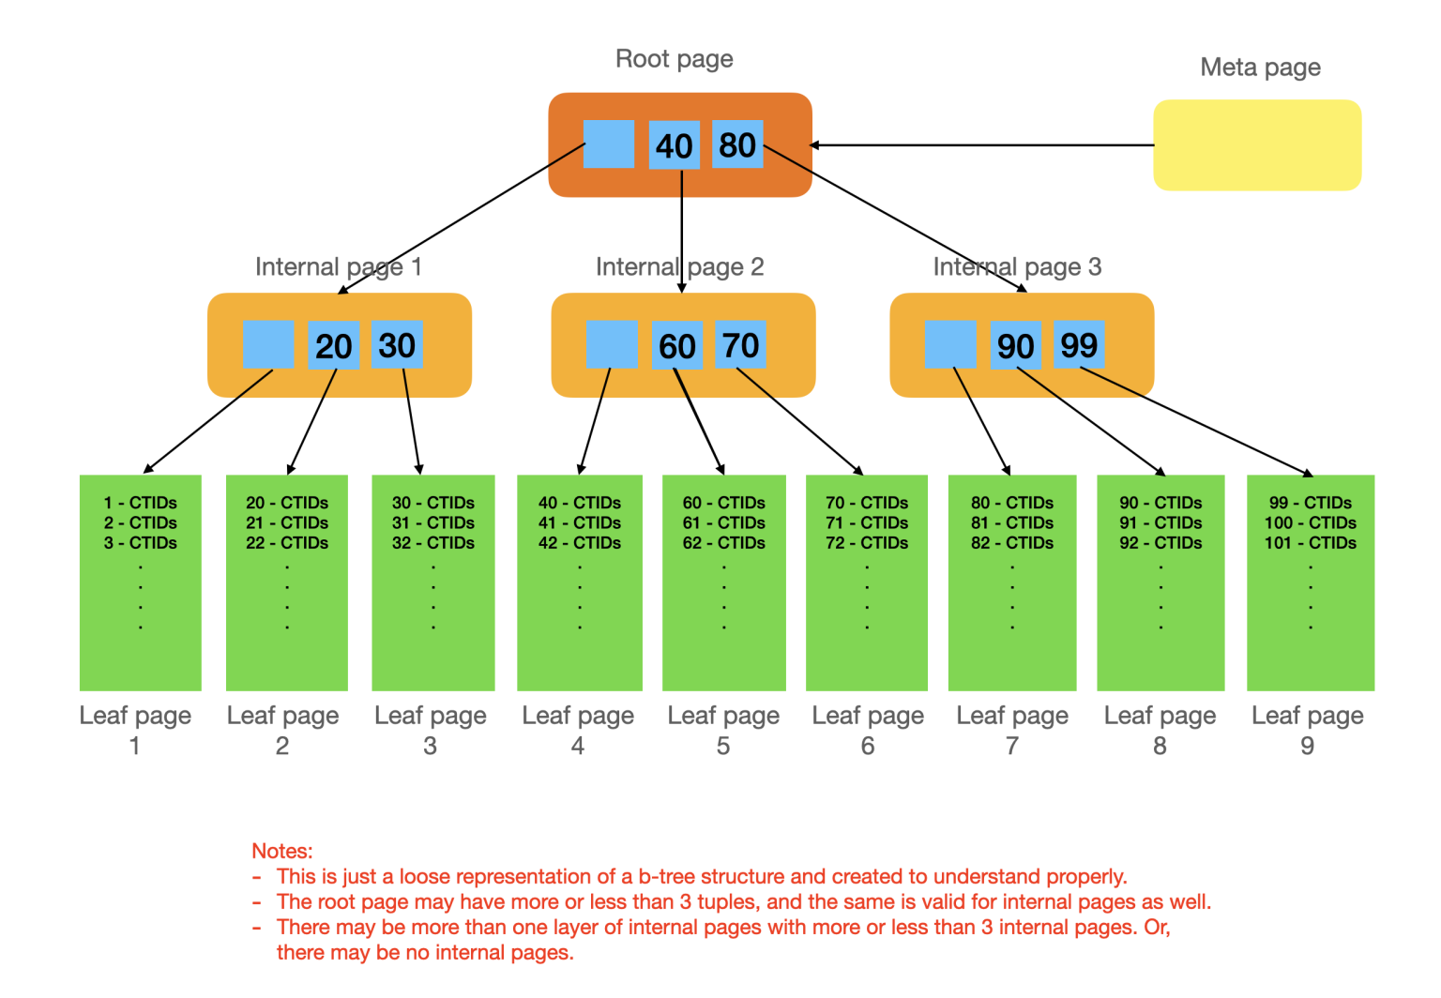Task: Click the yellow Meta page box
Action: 1256,145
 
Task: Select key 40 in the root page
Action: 674,145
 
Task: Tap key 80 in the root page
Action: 737,144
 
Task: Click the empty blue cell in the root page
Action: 608,144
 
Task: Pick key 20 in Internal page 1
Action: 333,345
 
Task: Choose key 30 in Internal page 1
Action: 397,345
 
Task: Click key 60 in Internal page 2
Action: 676,345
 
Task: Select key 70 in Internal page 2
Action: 740,345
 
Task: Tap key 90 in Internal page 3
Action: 1015,345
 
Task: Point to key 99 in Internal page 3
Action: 1079,345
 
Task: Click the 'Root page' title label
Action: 674,58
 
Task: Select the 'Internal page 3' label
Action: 1017,266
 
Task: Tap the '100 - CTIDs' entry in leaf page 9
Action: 1310,522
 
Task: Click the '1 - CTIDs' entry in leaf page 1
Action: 141,503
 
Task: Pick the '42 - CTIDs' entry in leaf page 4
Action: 580,543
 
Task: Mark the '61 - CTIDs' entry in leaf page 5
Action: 723,522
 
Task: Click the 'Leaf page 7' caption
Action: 1012,730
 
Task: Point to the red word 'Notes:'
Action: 281,851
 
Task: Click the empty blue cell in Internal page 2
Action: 612,345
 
